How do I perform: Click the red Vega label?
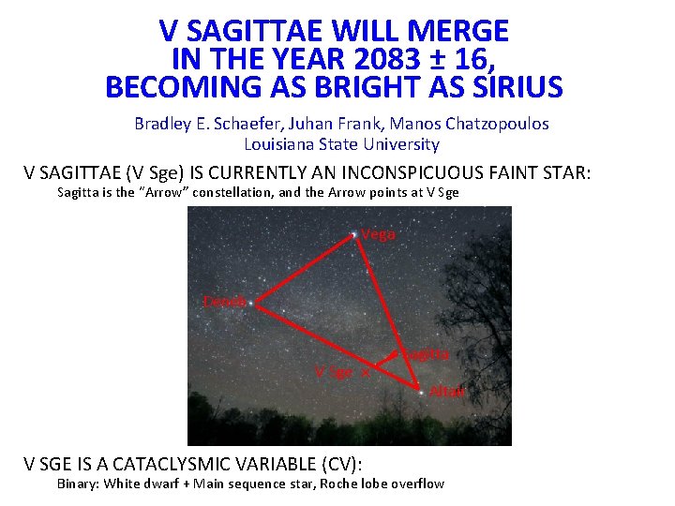[x=379, y=235]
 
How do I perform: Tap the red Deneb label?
[x=226, y=302]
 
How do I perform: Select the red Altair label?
[x=447, y=392]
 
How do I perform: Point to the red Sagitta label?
[x=427, y=355]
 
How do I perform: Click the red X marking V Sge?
[x=366, y=372]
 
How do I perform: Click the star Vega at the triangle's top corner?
[x=353, y=233]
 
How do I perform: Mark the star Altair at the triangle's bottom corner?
[x=420, y=390]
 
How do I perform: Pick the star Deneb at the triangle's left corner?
[x=254, y=304]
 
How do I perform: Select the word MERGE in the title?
[x=457, y=32]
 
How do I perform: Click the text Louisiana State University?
[x=341, y=144]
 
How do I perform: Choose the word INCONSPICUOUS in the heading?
[x=402, y=172]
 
